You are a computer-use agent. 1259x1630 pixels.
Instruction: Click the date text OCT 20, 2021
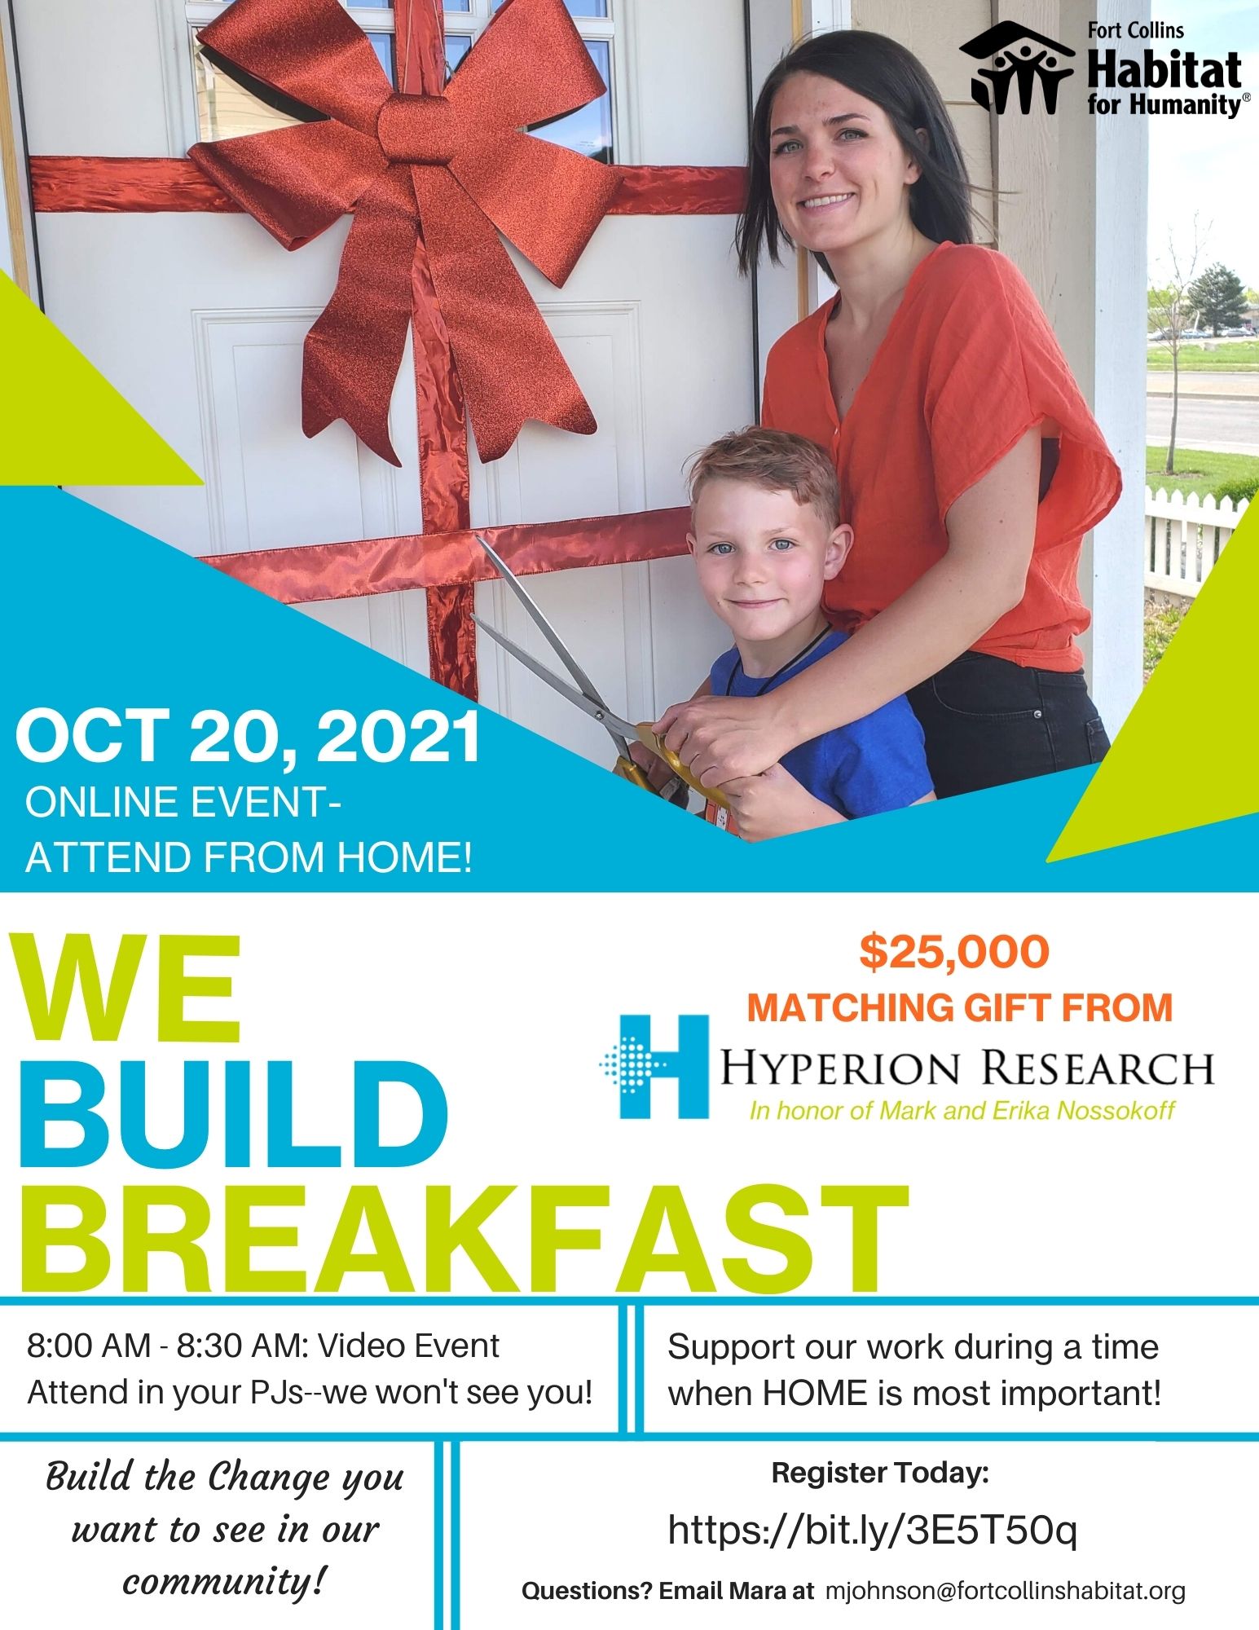pos(248,737)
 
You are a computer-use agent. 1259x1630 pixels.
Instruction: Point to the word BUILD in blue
pos(232,1119)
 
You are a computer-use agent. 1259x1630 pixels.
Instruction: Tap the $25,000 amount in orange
pos(955,953)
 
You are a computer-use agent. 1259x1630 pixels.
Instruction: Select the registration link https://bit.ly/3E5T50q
pos(872,1530)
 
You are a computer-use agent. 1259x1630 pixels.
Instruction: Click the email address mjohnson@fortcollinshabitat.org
pos(1006,1590)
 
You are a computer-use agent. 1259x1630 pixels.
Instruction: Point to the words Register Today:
pos(880,1473)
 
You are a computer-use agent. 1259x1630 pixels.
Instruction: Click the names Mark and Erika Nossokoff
pos(1028,1111)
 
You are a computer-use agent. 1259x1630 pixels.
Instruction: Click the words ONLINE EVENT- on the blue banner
pos(183,803)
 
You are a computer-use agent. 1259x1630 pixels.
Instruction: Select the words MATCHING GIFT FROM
pos(960,1007)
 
